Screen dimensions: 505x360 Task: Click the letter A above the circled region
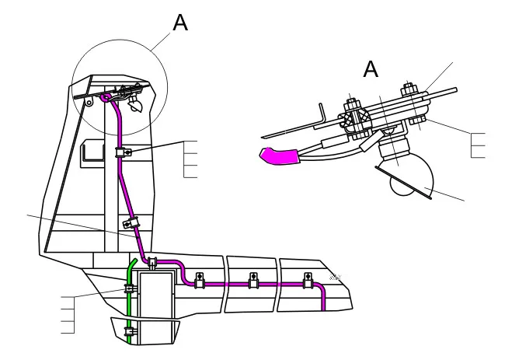click(180, 23)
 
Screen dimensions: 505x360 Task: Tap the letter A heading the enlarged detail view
click(371, 69)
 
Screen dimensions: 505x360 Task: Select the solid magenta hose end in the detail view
click(279, 156)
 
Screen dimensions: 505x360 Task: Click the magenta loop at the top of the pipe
click(106, 97)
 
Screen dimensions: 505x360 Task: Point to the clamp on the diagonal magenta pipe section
click(131, 222)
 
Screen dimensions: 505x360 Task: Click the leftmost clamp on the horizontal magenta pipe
click(200, 280)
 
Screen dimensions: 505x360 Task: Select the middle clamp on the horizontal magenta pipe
click(254, 280)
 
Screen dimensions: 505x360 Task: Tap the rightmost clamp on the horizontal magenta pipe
click(308, 280)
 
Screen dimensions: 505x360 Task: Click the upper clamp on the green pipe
click(129, 288)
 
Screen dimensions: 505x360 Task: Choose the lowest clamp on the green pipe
click(130, 331)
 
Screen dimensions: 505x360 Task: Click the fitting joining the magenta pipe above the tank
click(152, 263)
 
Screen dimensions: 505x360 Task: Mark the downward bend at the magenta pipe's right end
click(321, 288)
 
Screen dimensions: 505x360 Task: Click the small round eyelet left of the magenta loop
click(89, 103)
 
